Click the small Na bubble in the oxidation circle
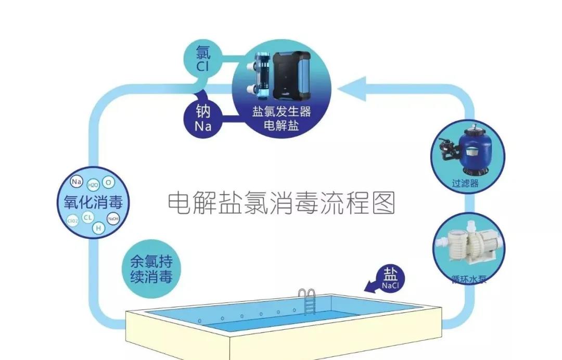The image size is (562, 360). (77, 182)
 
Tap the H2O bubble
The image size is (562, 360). (93, 185)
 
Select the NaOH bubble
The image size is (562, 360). (113, 219)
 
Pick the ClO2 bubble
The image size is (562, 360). (73, 221)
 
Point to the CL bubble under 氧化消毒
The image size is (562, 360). (88, 217)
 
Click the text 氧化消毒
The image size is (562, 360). (93, 201)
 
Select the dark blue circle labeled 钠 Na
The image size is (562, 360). (202, 118)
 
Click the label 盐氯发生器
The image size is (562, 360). (281, 112)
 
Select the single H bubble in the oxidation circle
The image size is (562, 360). (98, 227)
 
